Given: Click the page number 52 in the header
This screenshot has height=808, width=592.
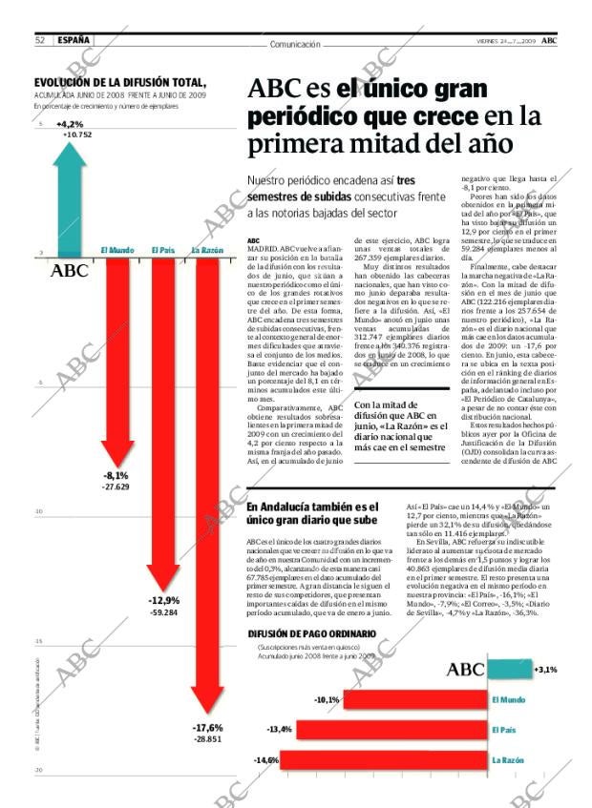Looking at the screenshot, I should (41, 40).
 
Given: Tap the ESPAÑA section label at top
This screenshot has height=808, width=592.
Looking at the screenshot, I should (74, 40).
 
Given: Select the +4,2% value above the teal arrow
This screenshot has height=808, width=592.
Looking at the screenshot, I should (70, 124).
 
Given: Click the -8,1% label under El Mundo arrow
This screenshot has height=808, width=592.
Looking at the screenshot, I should (116, 475).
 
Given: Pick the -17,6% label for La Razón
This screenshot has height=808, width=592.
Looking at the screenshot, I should (207, 727).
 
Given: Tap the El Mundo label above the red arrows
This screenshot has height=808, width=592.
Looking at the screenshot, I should (117, 251).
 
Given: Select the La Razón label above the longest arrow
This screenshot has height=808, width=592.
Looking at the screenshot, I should (207, 251).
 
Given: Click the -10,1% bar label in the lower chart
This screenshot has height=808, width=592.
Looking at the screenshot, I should (328, 700).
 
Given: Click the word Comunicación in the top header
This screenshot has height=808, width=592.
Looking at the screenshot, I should (295, 44).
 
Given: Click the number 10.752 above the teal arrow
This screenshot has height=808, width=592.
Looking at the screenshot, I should (77, 135).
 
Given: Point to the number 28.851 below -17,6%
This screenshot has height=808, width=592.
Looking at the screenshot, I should (207, 739).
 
